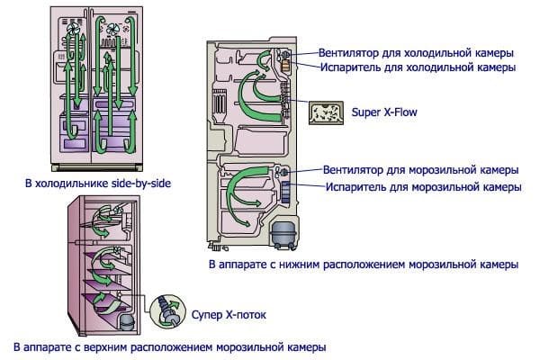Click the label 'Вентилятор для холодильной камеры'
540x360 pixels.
click(416, 53)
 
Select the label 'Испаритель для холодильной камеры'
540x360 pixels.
click(418, 67)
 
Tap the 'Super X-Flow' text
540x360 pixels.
click(384, 112)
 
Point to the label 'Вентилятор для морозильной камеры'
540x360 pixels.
click(421, 170)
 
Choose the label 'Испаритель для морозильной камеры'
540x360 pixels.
click(424, 187)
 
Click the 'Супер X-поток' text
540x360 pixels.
click(229, 314)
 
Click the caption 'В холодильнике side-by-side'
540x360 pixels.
click(98, 183)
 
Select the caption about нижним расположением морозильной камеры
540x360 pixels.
click(364, 265)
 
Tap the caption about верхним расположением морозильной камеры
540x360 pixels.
click(170, 346)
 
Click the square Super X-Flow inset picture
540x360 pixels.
click(326, 112)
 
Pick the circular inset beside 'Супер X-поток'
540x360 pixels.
click(167, 311)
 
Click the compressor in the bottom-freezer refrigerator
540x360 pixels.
click(283, 234)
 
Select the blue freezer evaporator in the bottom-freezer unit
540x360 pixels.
click(285, 192)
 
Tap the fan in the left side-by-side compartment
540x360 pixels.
click(73, 28)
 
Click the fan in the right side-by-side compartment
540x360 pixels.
click(112, 29)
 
